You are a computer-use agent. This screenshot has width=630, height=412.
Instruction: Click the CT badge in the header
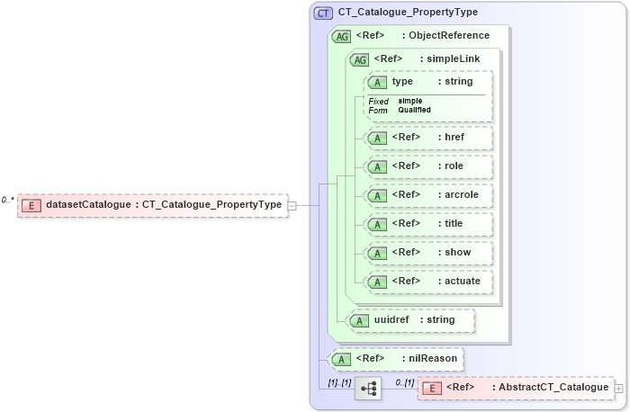coord(322,13)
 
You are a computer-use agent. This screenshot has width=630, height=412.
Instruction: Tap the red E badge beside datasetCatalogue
coord(30,205)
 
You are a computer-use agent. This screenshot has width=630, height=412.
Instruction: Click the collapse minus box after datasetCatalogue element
coord(292,205)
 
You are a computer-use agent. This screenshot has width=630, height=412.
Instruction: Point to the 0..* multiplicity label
coord(7,200)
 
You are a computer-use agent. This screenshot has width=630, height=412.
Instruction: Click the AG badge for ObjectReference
coord(342,36)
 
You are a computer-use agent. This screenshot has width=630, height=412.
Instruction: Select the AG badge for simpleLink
coord(359,59)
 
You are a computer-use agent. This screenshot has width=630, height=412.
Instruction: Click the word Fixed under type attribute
coord(379,101)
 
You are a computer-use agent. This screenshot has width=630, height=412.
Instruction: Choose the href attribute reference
coord(428,138)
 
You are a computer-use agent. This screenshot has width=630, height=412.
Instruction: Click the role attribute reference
coord(428,166)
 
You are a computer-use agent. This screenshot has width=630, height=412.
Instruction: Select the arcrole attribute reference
coord(428,195)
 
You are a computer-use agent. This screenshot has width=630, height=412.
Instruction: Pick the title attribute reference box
coord(428,224)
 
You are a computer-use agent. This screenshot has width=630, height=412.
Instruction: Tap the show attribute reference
coord(428,253)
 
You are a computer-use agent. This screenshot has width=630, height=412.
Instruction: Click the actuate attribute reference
coord(428,282)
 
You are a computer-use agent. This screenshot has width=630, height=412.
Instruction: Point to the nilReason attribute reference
coord(396,359)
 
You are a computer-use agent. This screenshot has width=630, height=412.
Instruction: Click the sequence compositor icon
coord(369,388)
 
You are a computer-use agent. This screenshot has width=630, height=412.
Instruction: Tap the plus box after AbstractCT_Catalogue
coord(618,388)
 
